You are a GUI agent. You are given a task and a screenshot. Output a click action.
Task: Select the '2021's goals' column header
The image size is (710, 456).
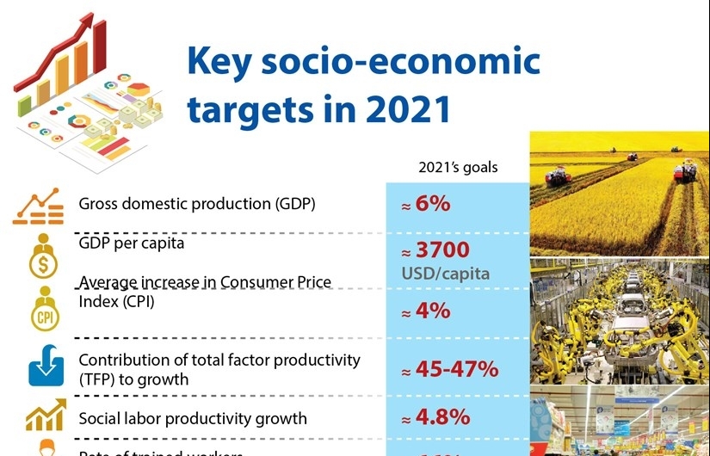coord(458,167)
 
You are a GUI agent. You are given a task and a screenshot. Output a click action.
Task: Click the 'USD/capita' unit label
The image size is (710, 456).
coord(445,274)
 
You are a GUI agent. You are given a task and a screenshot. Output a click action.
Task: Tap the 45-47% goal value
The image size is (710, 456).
coord(449,369)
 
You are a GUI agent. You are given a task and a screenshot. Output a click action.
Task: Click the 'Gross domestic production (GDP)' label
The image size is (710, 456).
coord(197,204)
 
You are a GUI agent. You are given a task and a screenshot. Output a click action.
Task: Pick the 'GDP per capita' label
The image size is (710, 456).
coord(132,243)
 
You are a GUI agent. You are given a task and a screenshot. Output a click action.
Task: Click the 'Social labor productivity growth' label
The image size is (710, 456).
coord(193,419)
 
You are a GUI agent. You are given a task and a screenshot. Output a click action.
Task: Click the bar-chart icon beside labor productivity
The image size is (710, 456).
coord(45,417)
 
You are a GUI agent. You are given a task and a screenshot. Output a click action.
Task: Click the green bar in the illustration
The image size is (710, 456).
coord(25,103)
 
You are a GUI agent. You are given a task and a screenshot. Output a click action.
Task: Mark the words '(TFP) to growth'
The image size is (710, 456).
coord(133,379)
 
